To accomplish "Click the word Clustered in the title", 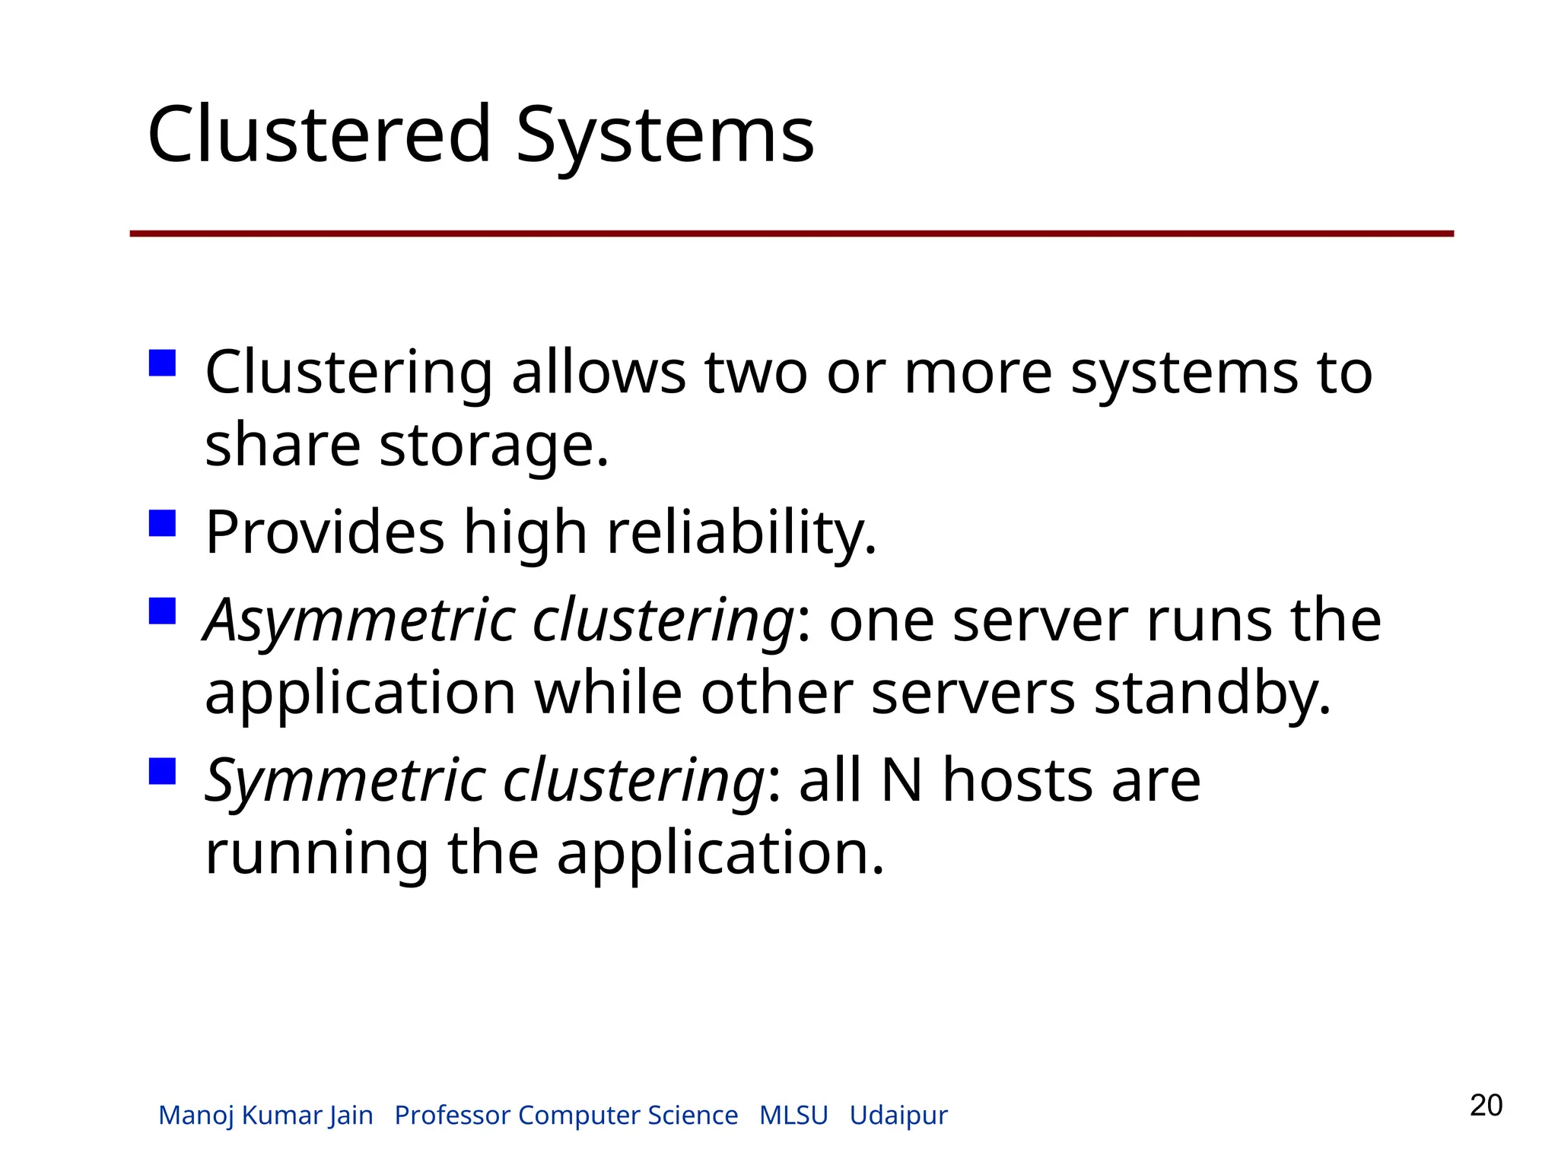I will [x=320, y=135].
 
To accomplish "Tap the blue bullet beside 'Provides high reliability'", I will [x=163, y=523].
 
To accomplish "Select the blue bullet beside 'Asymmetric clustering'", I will [x=163, y=611].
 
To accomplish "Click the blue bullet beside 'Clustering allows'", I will [x=163, y=363].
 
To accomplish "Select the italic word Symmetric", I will [x=344, y=781].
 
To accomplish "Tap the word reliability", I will [x=742, y=532].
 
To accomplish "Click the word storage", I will [x=494, y=445].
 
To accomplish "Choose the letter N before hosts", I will [x=901, y=781].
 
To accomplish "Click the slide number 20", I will [x=1486, y=1105].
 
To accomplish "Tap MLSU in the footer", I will [x=793, y=1115].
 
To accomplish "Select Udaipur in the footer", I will [x=898, y=1116].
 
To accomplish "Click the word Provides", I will [x=325, y=532].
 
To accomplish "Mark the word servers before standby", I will [x=973, y=693].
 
